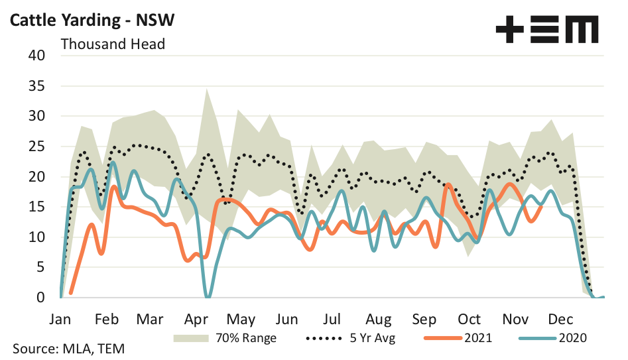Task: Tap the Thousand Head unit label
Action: (x=113, y=44)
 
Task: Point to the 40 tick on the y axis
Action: (x=36, y=56)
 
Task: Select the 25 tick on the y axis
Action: (x=36, y=147)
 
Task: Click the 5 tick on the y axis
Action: (x=40, y=267)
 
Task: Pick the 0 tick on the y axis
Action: (x=40, y=298)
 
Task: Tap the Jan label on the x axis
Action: (x=61, y=318)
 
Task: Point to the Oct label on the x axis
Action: (x=470, y=318)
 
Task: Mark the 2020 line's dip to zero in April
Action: (x=208, y=296)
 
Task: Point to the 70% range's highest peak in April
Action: (x=208, y=89)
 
